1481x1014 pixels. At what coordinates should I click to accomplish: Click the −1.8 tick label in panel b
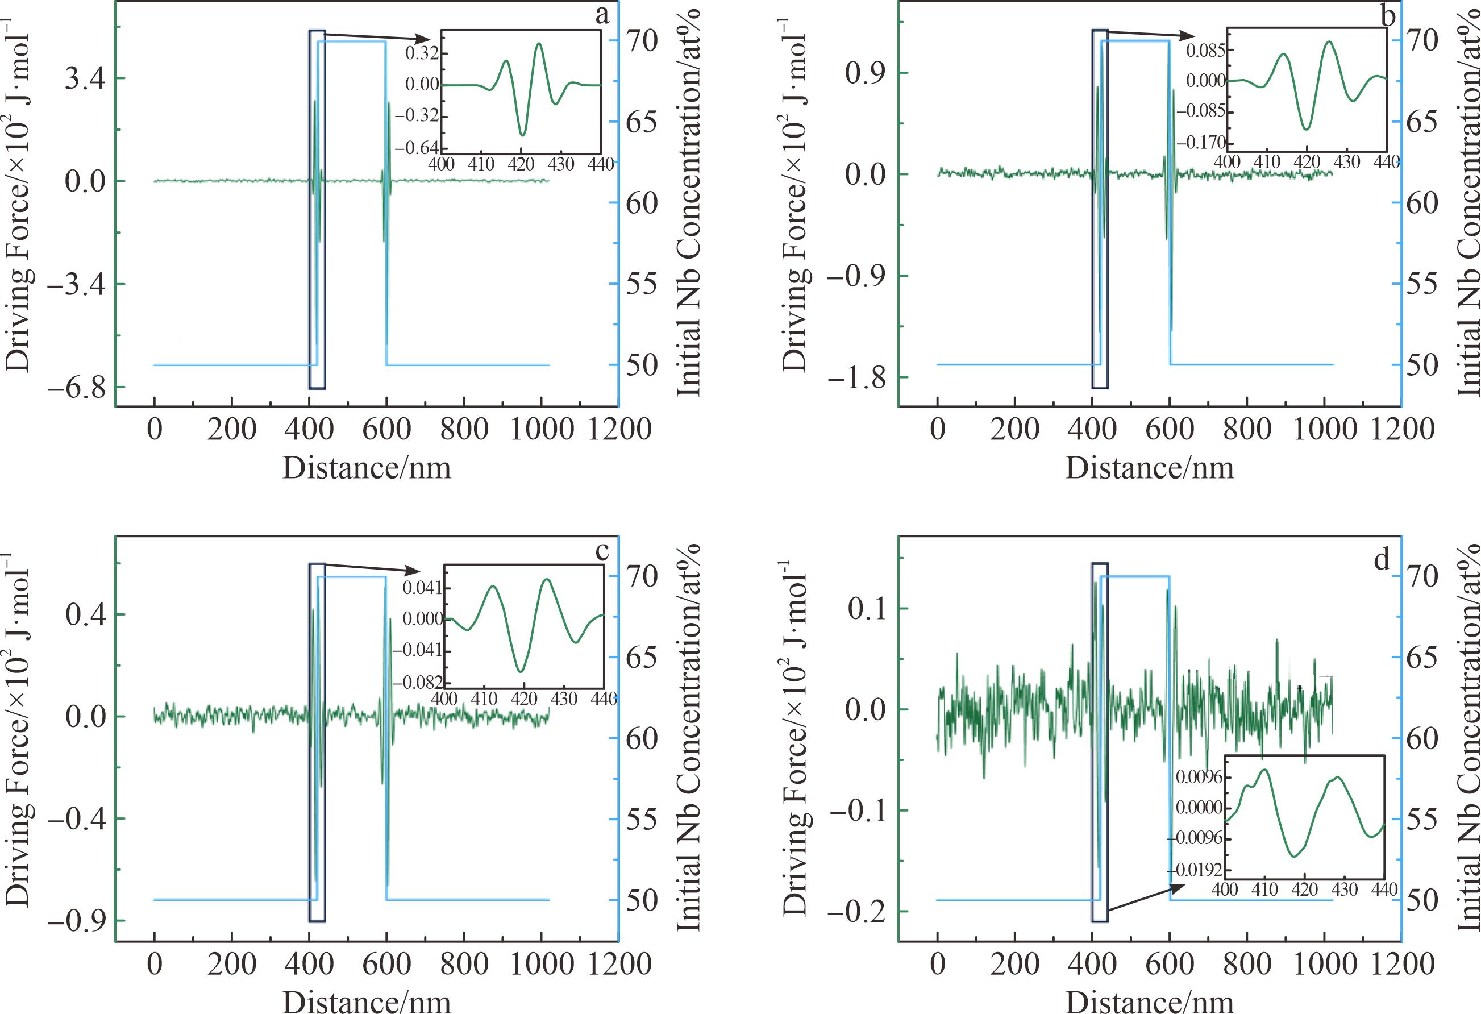pos(857,378)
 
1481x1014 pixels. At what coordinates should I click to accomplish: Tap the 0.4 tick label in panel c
pos(85,615)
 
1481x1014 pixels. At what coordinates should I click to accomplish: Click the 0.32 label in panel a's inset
pos(422,53)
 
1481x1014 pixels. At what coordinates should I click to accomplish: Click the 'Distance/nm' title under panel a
pos(367,468)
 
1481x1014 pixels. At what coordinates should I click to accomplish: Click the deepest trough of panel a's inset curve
pos(523,135)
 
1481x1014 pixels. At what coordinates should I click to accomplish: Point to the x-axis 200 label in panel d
pos(1014,963)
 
